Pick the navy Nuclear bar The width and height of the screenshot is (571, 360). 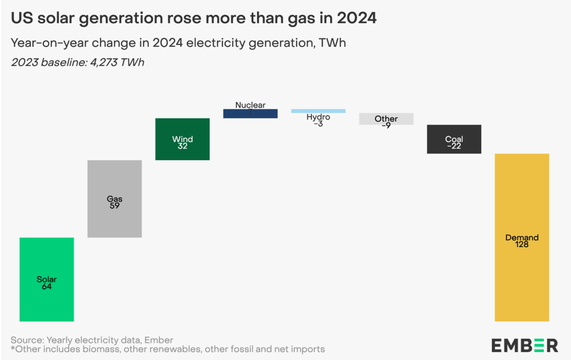(250, 114)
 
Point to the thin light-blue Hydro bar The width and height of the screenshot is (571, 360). (318, 111)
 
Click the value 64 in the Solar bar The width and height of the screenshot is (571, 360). (47, 287)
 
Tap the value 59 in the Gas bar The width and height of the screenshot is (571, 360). (115, 206)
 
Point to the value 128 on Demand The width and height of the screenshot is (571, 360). (522, 244)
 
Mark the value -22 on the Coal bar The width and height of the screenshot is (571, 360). (454, 146)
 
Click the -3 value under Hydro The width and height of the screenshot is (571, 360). (318, 124)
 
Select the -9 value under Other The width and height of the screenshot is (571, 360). (386, 125)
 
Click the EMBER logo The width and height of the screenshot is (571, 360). (525, 345)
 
